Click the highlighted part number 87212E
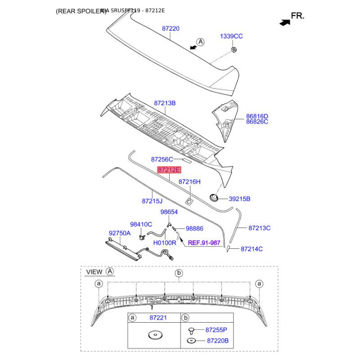tap(169, 170)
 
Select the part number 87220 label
tap(171, 28)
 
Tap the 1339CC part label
tap(231, 36)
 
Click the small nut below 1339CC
tap(234, 49)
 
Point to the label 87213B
tap(165, 103)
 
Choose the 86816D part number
tap(257, 116)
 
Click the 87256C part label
tap(162, 159)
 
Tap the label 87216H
tap(189, 182)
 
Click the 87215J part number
tap(152, 201)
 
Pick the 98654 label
tap(169, 211)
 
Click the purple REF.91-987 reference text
tap(204, 243)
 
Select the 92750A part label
tap(120, 233)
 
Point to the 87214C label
tap(252, 249)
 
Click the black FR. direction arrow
tap(283, 21)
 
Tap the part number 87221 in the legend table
tap(157, 318)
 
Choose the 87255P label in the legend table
tap(217, 329)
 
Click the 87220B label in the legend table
tap(217, 341)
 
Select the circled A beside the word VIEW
tap(110, 272)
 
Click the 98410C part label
tap(141, 224)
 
